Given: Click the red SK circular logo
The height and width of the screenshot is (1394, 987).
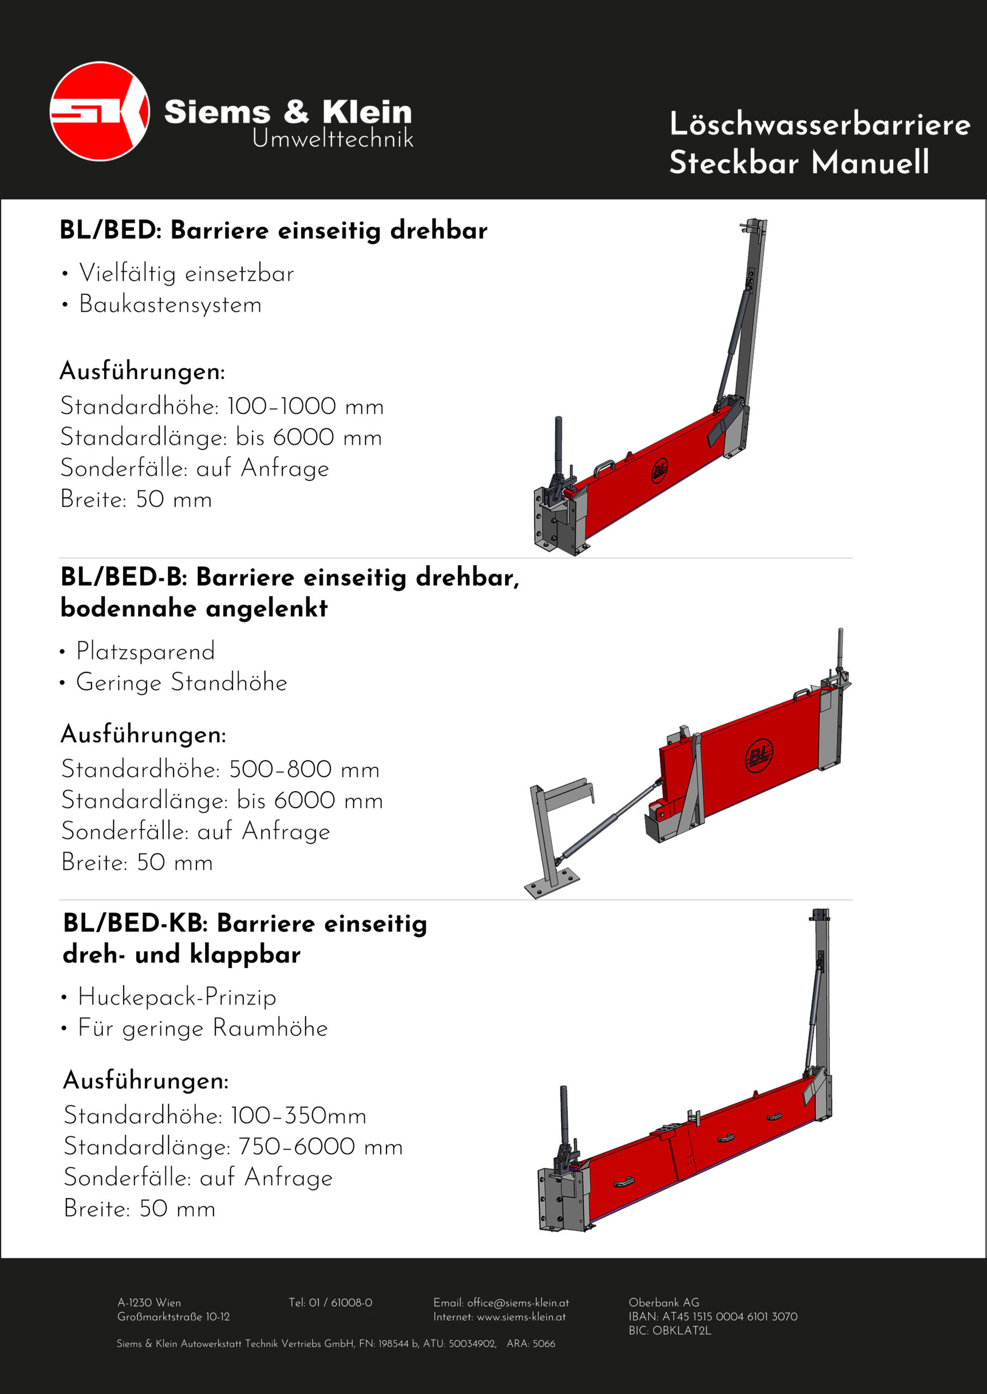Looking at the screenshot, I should click(100, 111).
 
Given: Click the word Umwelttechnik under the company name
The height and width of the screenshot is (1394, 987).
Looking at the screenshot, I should click(333, 139).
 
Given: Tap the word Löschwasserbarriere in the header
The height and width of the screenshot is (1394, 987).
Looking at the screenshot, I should click(819, 124).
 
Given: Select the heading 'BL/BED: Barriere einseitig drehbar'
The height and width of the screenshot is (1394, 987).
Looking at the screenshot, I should click(273, 230).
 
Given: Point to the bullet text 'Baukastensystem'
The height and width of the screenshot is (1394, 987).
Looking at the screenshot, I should click(170, 304).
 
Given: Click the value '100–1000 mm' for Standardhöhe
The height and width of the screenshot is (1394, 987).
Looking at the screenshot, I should click(305, 406).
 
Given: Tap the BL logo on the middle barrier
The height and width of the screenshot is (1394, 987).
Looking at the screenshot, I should click(759, 755).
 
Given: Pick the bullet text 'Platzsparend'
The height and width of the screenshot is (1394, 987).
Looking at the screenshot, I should click(145, 651).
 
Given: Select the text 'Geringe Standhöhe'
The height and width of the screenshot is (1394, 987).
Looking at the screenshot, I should click(181, 682).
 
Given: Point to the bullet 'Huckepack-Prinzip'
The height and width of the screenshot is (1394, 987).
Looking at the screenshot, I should click(177, 997).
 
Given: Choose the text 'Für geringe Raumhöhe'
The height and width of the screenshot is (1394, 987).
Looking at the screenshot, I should click(203, 1028).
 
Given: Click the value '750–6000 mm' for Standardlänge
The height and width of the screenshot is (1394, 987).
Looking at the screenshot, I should click(320, 1147).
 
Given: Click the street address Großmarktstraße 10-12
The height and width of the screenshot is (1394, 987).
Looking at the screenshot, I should click(173, 1317).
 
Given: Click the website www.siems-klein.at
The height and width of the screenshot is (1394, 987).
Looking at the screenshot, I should click(521, 1317).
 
